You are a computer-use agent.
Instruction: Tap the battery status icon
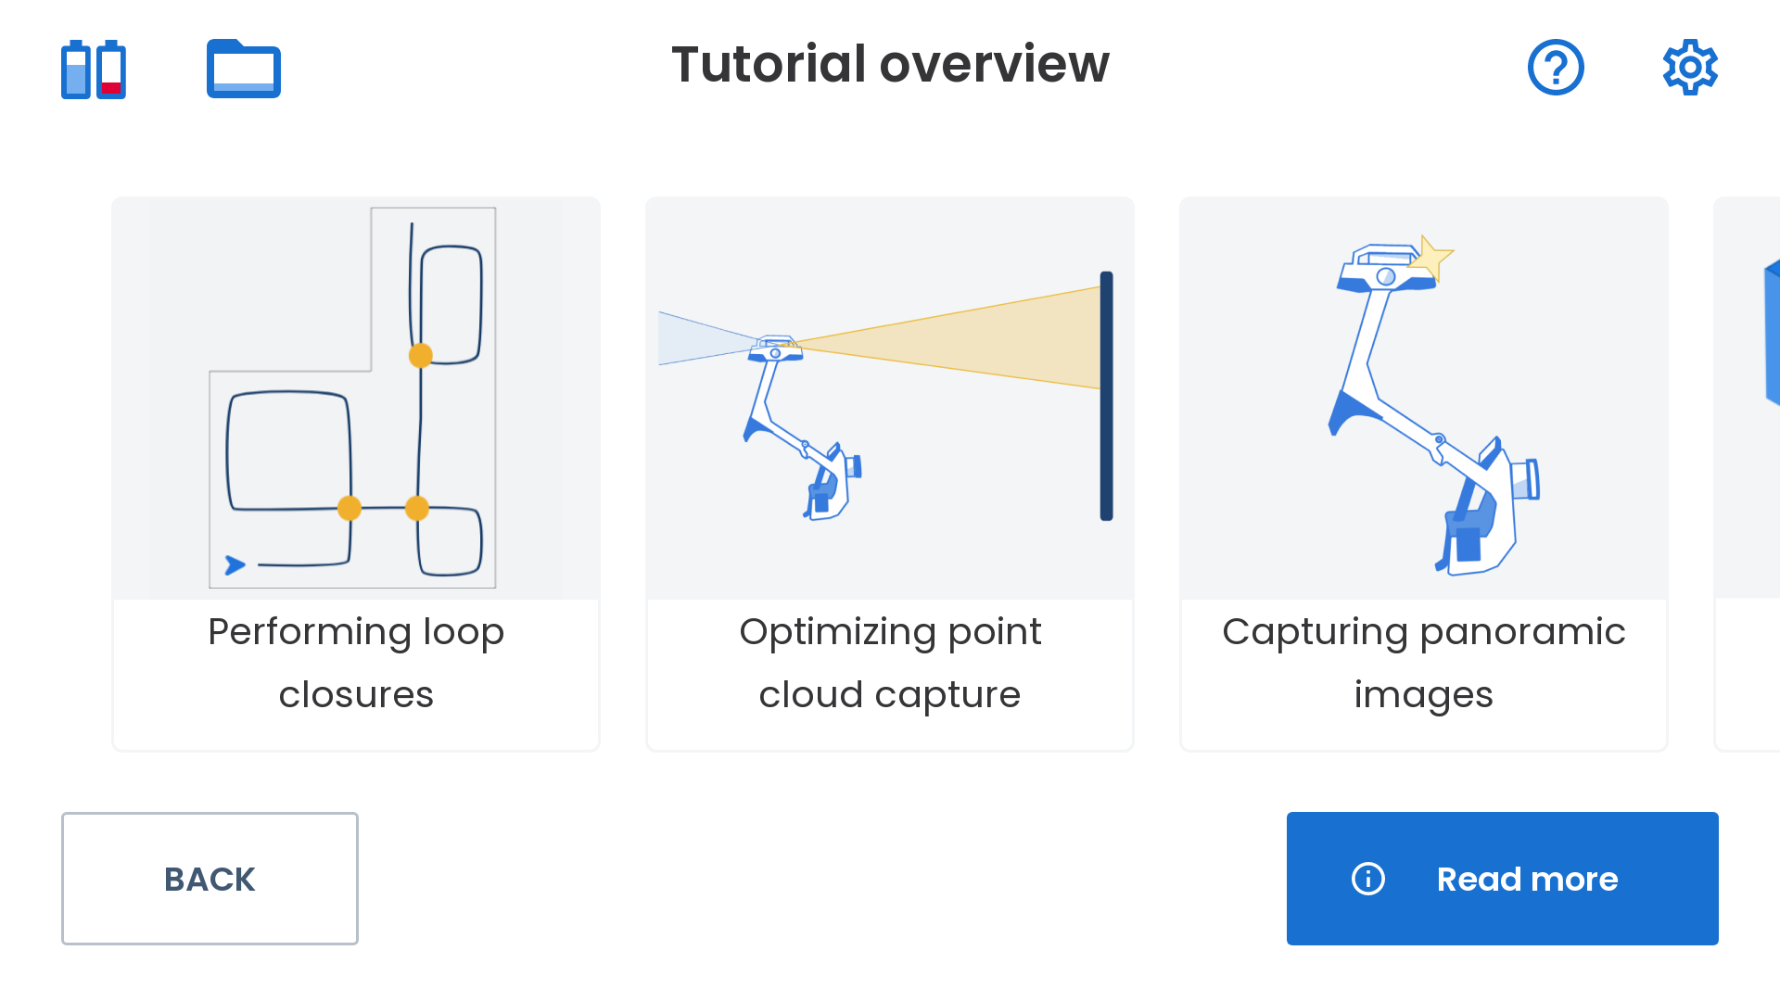(94, 70)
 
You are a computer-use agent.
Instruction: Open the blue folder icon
(244, 69)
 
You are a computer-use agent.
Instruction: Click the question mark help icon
(1556, 67)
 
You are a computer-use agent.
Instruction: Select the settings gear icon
(1690, 67)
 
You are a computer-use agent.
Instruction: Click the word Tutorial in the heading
(769, 64)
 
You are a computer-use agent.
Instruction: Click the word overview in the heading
(994, 64)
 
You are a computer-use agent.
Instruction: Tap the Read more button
(1502, 879)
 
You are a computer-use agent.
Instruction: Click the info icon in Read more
(1368, 879)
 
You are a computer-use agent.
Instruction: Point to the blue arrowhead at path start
(235, 564)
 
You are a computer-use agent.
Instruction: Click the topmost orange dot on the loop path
(421, 355)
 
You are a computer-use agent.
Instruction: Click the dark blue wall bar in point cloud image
(1106, 396)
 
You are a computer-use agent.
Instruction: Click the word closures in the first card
(356, 694)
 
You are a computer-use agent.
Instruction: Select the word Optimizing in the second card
(837, 633)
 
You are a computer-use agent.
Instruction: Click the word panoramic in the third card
(1522, 633)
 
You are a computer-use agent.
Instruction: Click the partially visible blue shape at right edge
(1772, 333)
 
